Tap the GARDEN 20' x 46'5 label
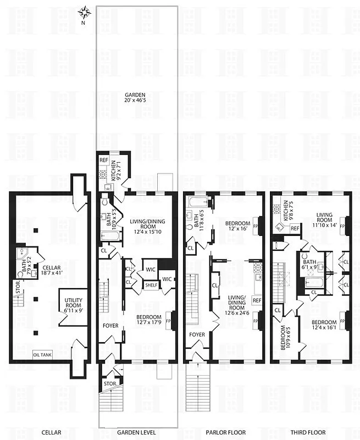(137, 98)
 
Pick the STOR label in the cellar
(18, 285)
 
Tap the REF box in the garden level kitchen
(103, 160)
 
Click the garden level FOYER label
(110, 325)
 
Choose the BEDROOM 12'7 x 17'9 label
(148, 320)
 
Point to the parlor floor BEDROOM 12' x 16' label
(237, 226)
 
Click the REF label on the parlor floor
(257, 300)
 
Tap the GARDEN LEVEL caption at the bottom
(140, 432)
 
